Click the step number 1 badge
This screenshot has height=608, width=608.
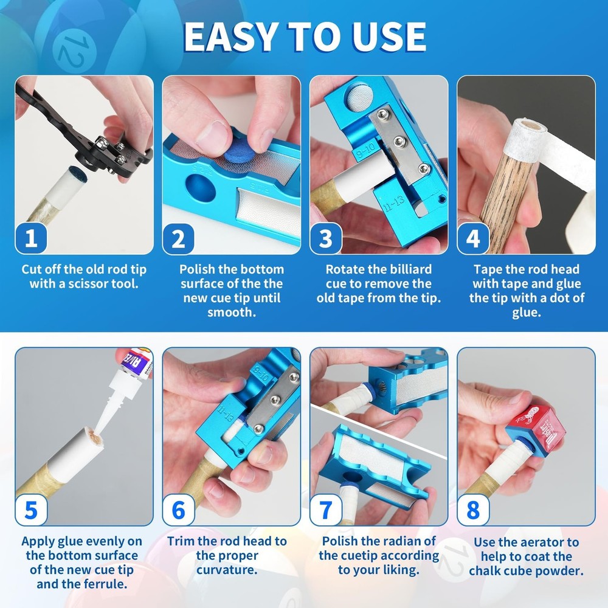(31, 239)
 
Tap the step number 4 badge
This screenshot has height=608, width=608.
(473, 239)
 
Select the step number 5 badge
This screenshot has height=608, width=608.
(31, 510)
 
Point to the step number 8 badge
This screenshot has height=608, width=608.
(473, 510)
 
